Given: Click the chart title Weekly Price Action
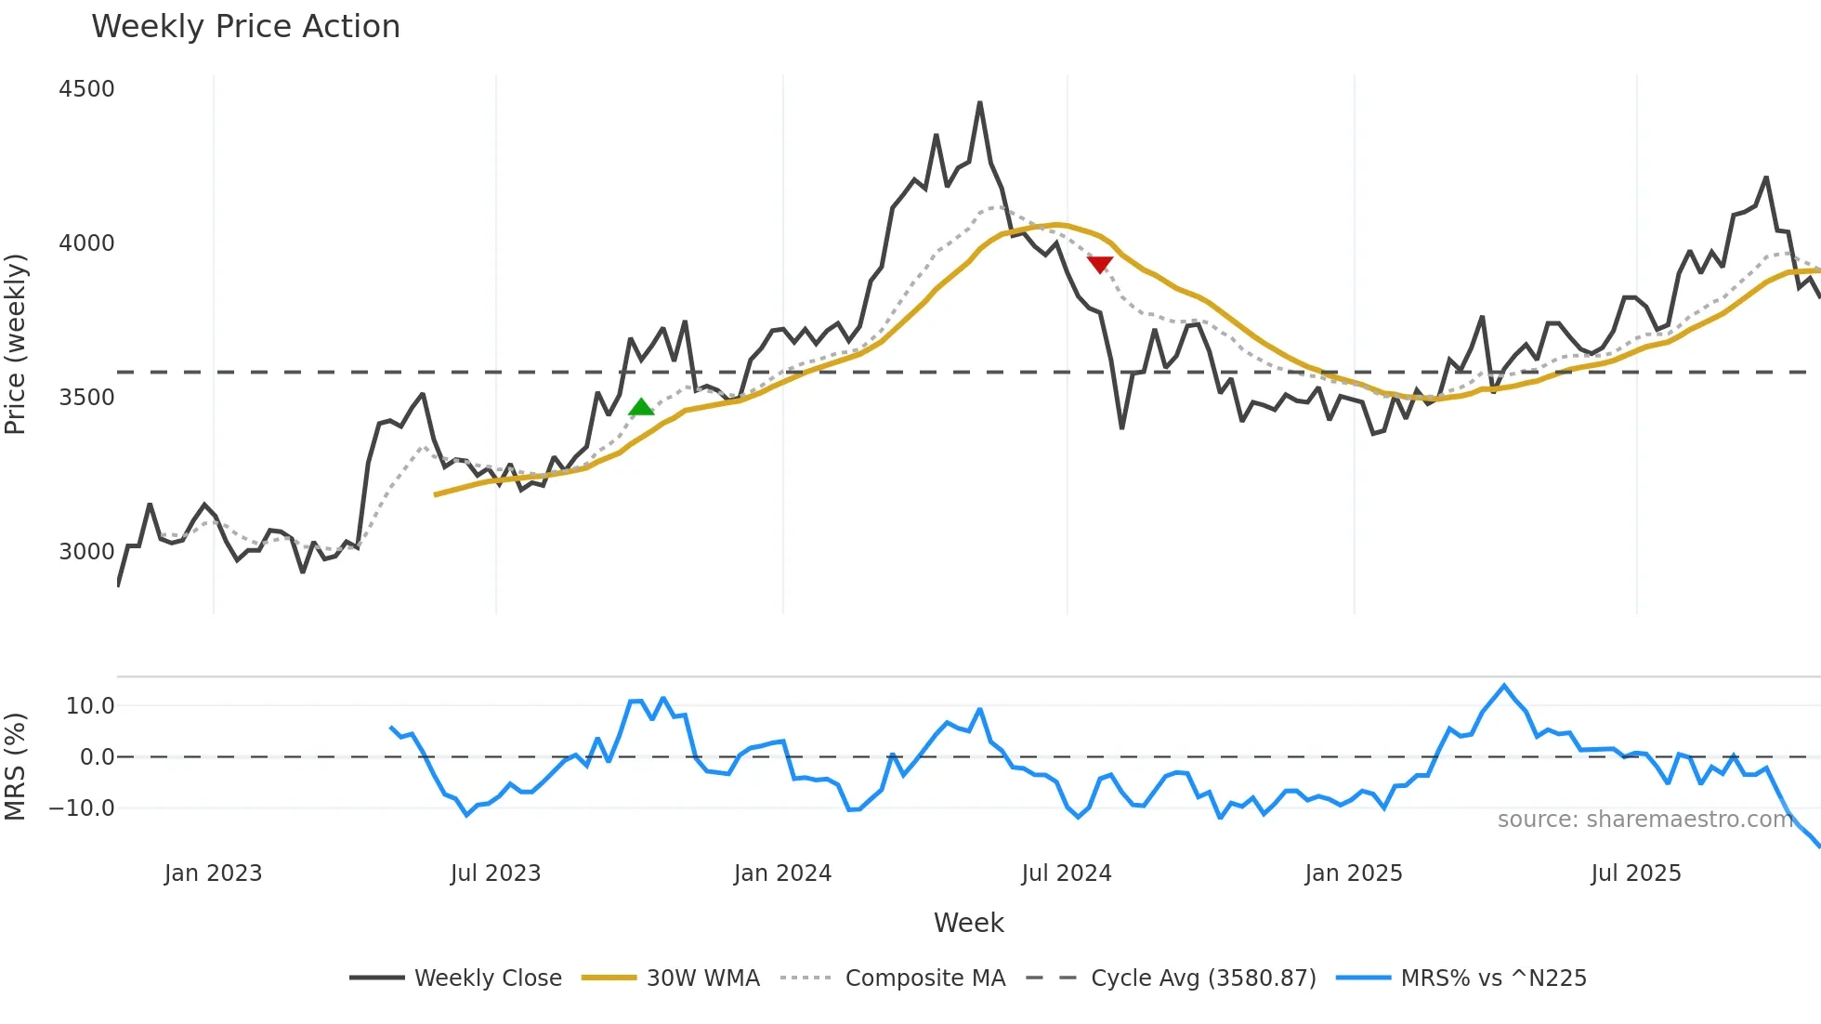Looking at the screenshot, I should tap(245, 27).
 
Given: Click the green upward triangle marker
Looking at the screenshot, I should tap(641, 407).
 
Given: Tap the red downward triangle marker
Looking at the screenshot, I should tap(1100, 265).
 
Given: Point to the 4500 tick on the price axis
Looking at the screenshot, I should tap(86, 89).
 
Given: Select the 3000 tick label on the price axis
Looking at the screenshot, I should tap(86, 551).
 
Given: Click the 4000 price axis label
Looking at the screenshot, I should tap(86, 243).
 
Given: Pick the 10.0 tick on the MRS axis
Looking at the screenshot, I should tap(90, 705).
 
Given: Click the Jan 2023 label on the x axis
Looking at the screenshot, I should tap(213, 873).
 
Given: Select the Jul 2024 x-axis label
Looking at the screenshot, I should tap(1067, 873).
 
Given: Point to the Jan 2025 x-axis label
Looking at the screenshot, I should tap(1354, 873).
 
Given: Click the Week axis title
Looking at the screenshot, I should tap(968, 923).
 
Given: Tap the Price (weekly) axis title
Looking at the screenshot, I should tap(16, 344).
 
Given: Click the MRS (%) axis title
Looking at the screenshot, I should tap(16, 767).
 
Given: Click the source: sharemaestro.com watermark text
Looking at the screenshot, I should tap(1644, 820).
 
